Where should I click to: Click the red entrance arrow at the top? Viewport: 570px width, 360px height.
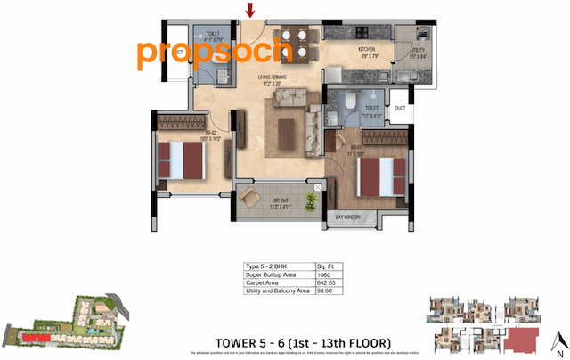(251, 11)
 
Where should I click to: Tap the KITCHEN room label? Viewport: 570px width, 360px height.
(370, 49)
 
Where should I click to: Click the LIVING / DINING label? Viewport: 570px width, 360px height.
(271, 78)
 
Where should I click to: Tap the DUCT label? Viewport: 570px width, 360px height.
(400, 109)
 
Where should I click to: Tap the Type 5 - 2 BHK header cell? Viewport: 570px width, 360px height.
(266, 266)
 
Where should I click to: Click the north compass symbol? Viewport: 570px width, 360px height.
(557, 340)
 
